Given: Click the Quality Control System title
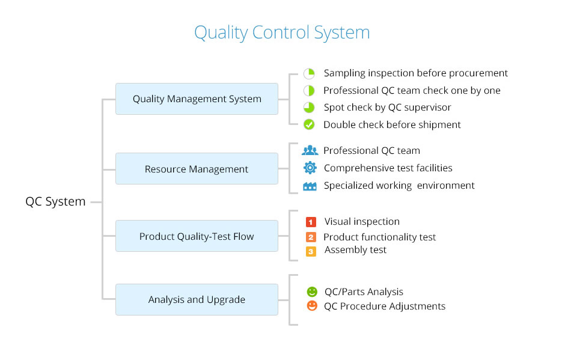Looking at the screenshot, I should click(282, 32).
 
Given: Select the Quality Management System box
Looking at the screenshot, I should click(197, 99).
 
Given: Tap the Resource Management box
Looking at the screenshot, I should click(197, 169).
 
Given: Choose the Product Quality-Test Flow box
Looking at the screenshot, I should click(197, 236).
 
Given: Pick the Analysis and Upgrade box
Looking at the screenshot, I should click(197, 299).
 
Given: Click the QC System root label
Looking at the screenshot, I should click(55, 201).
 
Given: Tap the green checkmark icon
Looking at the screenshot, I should click(309, 124).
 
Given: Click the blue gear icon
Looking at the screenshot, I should click(310, 168).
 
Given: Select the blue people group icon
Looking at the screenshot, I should click(310, 150).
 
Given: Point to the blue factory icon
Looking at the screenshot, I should click(310, 186).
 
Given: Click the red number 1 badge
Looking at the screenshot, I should click(311, 222).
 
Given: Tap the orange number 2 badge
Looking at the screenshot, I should click(311, 237).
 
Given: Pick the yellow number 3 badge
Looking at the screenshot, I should click(311, 251).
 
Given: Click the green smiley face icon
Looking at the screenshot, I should click(311, 291).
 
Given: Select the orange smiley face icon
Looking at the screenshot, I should click(311, 306).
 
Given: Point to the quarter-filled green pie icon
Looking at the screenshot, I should click(309, 73).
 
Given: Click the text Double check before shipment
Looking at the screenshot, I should click(392, 124).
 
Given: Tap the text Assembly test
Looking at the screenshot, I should click(355, 249).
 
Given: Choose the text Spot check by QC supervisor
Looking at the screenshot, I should click(387, 107).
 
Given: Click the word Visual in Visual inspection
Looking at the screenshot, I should click(338, 221).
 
